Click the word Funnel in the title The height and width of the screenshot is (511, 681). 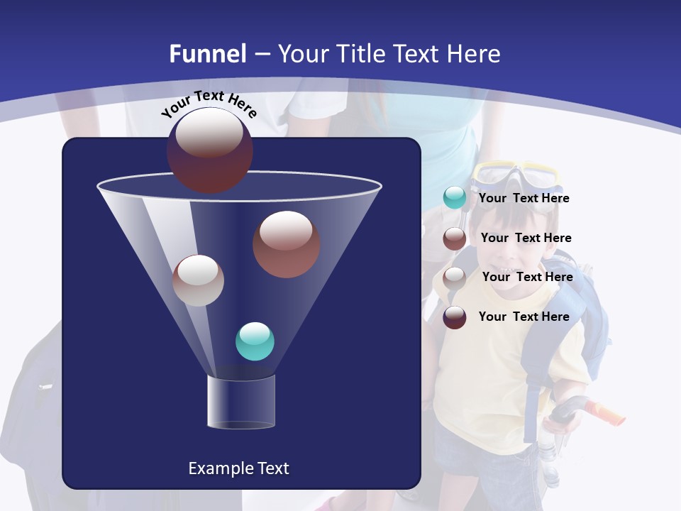tap(207, 54)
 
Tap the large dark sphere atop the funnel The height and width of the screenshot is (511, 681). tap(209, 150)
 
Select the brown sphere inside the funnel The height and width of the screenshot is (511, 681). tap(286, 244)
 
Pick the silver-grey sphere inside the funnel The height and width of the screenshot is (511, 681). tap(199, 280)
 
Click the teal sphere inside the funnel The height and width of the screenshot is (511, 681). tap(255, 341)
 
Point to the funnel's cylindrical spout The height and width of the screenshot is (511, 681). tap(241, 402)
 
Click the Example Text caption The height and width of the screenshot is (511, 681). tap(238, 468)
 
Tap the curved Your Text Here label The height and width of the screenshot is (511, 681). tap(209, 104)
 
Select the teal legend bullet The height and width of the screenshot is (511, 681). tap(455, 198)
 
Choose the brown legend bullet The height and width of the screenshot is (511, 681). tap(455, 238)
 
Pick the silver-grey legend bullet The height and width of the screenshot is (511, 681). tap(455, 278)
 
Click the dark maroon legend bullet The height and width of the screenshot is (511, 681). tap(455, 317)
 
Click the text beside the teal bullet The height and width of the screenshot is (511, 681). tap(524, 199)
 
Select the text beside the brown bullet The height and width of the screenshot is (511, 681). tap(526, 238)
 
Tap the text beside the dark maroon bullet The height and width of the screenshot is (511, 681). tap(524, 317)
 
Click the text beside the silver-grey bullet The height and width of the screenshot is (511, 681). tap(527, 278)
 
